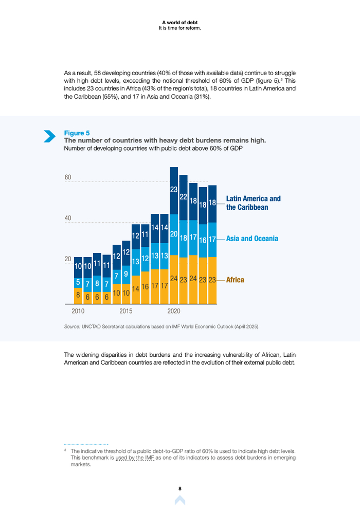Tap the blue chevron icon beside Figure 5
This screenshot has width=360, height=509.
pos(50,136)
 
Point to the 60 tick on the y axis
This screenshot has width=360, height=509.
pos(68,177)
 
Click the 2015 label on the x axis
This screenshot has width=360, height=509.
pos(126,311)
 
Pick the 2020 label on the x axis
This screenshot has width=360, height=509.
pos(174,311)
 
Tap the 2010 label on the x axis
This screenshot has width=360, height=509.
pos(78,311)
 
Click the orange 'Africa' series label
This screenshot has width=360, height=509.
pos(235,280)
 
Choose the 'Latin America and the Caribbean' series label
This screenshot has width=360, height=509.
pos(254,203)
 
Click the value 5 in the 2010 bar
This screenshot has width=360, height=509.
pos(78,282)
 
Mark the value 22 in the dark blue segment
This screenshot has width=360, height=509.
pos(183,196)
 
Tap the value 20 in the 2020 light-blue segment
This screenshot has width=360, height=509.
pos(174,234)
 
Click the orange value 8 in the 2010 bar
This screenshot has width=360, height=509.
pos(78,296)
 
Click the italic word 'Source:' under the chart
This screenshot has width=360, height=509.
pos(72,326)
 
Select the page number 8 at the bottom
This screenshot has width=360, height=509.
pos(180,488)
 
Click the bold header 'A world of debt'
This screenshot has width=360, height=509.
pos(180,22)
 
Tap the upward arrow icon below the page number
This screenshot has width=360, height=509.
pos(180,500)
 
